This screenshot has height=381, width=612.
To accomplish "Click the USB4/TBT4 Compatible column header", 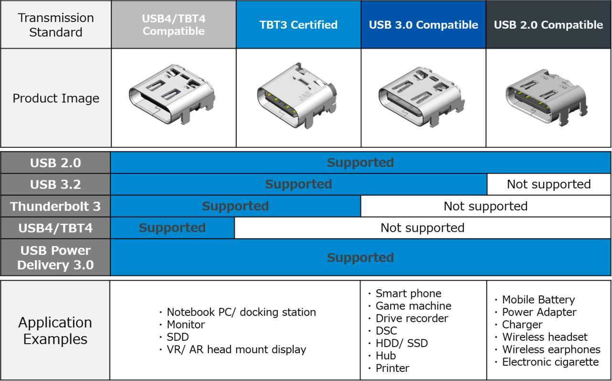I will [x=174, y=25].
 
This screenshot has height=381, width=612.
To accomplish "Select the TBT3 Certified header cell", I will [x=298, y=25].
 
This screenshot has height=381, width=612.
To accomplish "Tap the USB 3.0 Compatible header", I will [x=423, y=25].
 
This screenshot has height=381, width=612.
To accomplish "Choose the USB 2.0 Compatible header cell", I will [x=548, y=25].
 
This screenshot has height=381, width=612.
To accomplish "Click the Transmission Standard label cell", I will [x=55, y=25].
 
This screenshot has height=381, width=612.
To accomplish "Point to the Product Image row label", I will [x=55, y=98].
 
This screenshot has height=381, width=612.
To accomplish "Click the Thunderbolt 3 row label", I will [x=55, y=207].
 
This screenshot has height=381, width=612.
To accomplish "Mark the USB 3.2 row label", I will [x=55, y=185].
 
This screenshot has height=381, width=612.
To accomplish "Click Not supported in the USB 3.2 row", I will [x=548, y=185].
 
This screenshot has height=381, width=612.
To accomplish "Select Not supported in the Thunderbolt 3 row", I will [x=485, y=207].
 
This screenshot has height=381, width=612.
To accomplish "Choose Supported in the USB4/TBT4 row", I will [x=172, y=228].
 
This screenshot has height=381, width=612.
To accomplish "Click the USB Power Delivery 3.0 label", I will [x=55, y=258].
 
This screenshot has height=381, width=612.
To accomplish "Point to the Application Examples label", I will [x=55, y=331].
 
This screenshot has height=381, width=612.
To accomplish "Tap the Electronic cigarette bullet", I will [x=550, y=362].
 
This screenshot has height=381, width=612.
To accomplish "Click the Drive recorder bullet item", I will [x=412, y=318].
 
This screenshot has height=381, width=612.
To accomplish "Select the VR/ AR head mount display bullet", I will [x=236, y=349].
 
